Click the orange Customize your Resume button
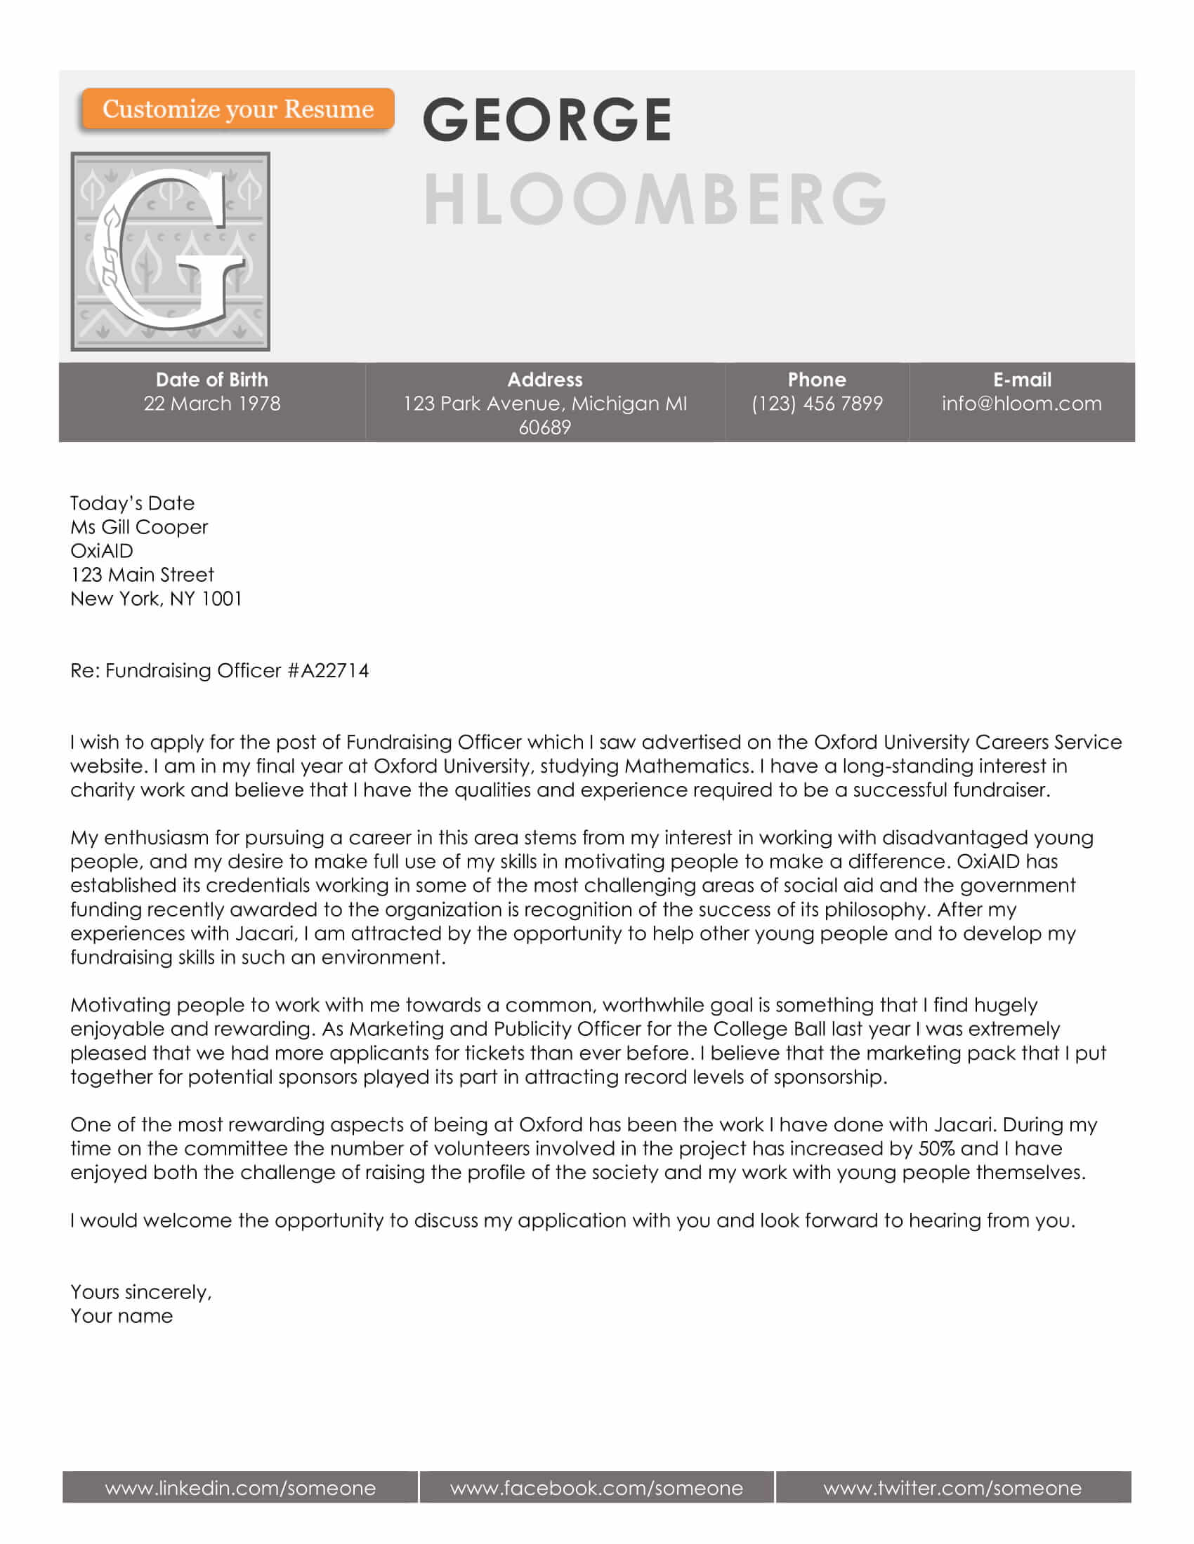point(237,109)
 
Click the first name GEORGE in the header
point(546,119)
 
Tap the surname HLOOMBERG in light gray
point(655,199)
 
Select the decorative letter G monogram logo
point(170,251)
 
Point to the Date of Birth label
point(212,380)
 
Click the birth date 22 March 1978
point(212,404)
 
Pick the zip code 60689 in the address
point(544,427)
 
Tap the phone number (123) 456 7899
point(817,404)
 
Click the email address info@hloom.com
point(1021,404)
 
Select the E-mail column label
point(1022,380)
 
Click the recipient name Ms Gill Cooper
point(139,527)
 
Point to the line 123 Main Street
point(142,575)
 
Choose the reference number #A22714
point(328,670)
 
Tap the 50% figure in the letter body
point(936,1148)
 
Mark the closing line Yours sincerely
point(140,1292)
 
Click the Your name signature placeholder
point(122,1317)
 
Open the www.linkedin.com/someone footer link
point(240,1488)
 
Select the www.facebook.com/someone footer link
point(596,1488)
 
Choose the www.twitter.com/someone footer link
point(952,1488)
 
